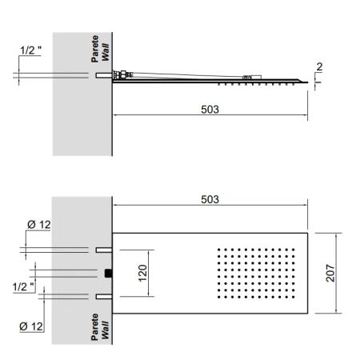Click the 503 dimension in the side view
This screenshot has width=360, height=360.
click(x=210, y=110)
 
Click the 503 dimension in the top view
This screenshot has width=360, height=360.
click(x=210, y=199)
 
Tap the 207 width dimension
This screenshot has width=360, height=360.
click(x=330, y=273)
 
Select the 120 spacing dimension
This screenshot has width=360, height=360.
click(x=142, y=273)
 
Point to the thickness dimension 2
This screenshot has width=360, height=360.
click(x=319, y=66)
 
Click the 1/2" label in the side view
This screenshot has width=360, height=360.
click(x=31, y=50)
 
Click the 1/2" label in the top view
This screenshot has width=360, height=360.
click(x=23, y=287)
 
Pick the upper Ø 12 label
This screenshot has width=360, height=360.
click(x=39, y=225)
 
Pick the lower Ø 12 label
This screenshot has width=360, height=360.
click(x=31, y=326)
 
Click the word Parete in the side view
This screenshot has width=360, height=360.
click(x=94, y=49)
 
